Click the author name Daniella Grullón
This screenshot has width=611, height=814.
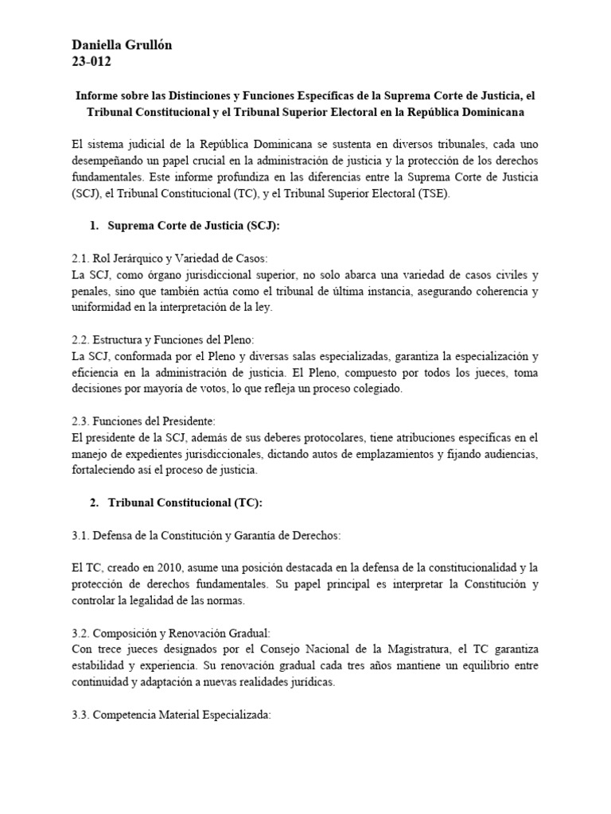coord(122,45)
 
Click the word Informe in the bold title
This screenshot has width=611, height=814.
coord(96,95)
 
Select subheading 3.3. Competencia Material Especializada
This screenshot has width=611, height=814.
coord(171,714)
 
